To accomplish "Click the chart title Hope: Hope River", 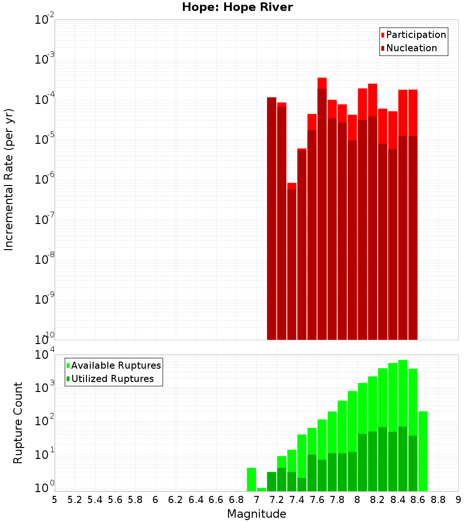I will (x=237, y=7).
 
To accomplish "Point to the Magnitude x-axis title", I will (x=256, y=514).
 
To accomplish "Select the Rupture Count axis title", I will (x=18, y=423).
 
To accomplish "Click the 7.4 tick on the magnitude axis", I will (x=297, y=500).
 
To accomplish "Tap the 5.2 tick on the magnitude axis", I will (x=75, y=500).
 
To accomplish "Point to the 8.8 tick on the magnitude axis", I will (x=438, y=500).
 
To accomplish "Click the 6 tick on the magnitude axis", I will (x=155, y=500).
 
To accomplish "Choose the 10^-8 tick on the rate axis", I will (x=45, y=260).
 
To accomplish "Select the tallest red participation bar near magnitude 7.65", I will (x=322, y=83).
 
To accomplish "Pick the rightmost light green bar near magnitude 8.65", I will (x=423, y=451).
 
